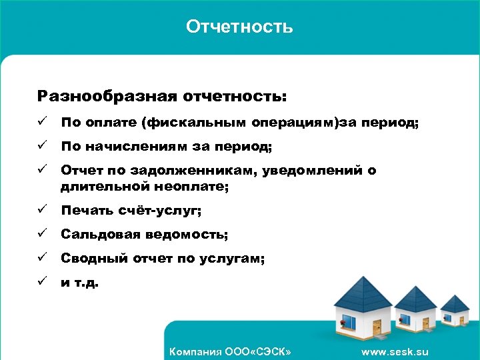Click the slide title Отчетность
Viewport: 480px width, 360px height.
tap(239, 27)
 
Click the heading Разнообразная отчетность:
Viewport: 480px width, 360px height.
tap(162, 97)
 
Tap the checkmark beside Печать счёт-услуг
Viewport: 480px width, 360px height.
tap(42, 211)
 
